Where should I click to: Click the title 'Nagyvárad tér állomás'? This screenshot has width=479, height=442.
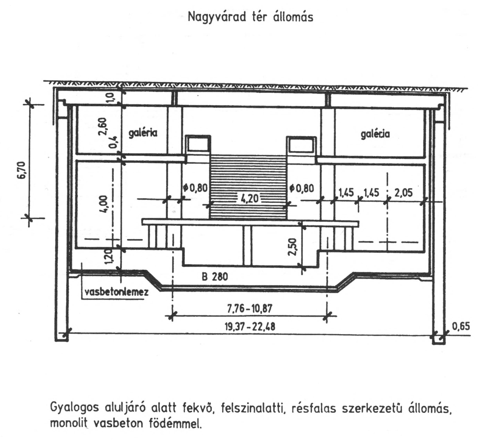tap(250, 17)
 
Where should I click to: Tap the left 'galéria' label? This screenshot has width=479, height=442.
tap(143, 133)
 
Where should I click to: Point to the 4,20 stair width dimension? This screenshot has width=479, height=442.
tap(248, 199)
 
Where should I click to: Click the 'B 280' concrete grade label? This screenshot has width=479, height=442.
tap(215, 277)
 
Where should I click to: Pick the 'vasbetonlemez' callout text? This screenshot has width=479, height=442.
tap(116, 292)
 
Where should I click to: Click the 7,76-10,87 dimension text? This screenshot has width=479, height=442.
tap(250, 308)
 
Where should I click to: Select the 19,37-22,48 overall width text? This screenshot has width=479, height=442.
tap(250, 327)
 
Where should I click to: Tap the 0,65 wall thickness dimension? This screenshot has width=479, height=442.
tap(461, 326)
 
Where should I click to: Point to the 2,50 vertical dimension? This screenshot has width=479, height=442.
tap(293, 247)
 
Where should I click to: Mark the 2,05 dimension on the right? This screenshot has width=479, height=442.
tap(403, 193)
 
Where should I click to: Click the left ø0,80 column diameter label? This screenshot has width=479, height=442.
tap(195, 188)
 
